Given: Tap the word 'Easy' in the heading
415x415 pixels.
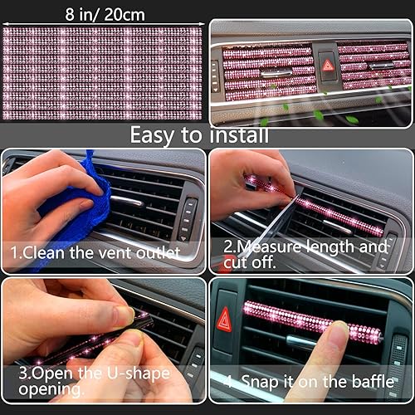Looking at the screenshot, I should [x=158, y=134].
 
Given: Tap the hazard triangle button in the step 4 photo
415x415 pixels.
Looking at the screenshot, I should [x=224, y=320].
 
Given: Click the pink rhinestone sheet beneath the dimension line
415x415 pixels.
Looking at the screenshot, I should [x=102, y=73].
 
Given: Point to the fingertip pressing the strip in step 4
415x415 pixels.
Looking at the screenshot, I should [x=338, y=332].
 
